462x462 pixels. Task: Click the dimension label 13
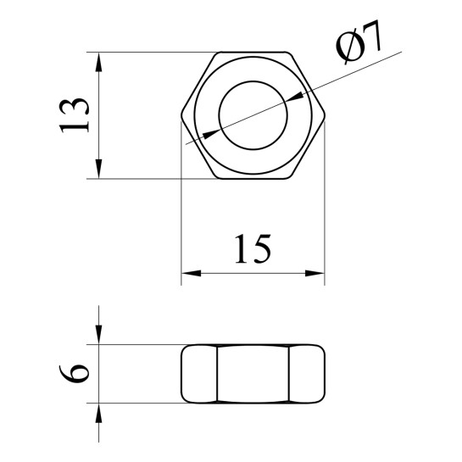click(74, 115)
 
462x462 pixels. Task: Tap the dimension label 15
click(253, 249)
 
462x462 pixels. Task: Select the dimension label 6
click(74, 374)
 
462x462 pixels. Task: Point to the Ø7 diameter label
click(359, 42)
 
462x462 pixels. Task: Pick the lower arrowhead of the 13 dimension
click(98, 169)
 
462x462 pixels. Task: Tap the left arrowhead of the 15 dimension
click(192, 273)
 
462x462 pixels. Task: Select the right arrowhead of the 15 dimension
click(314, 273)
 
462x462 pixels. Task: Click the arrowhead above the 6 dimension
click(98, 334)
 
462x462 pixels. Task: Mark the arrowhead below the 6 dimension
click(98, 413)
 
